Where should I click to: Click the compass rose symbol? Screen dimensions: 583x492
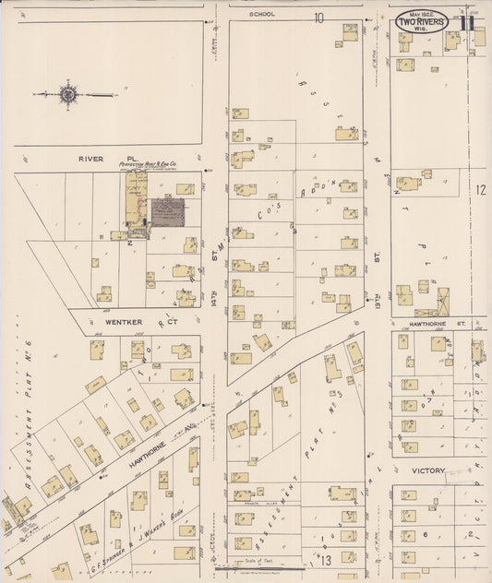pos(67,93)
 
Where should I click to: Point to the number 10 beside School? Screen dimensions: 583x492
pos(318,18)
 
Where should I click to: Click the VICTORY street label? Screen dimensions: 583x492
pos(428,470)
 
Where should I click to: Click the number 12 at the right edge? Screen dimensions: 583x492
pos(480,189)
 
